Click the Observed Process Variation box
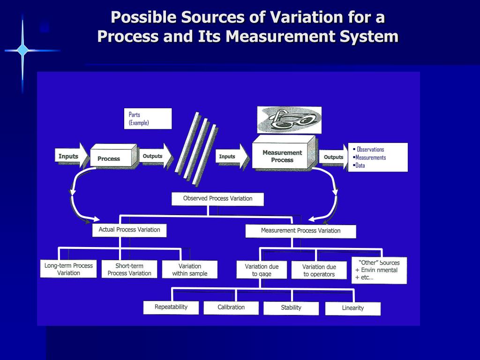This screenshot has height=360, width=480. (217, 199)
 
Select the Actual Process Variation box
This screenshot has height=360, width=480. (129, 230)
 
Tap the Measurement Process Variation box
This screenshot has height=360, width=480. (300, 231)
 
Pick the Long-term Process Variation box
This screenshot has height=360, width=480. (68, 269)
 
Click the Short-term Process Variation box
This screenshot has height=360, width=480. (129, 270)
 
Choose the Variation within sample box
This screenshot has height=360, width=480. (190, 270)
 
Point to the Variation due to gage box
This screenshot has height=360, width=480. (262, 270)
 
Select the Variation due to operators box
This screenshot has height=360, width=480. (319, 270)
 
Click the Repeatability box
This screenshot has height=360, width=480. (171, 307)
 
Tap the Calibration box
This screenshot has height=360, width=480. (231, 307)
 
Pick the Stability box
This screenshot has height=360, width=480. (291, 308)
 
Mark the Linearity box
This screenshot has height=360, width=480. (353, 308)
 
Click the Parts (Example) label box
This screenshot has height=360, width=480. (148, 119)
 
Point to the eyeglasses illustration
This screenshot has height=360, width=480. (289, 120)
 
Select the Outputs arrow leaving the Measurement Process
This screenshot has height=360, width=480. (334, 157)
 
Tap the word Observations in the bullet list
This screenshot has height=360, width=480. (370, 150)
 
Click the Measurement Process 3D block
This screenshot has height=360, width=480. (284, 152)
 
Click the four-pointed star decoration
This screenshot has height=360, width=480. (22, 50)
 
